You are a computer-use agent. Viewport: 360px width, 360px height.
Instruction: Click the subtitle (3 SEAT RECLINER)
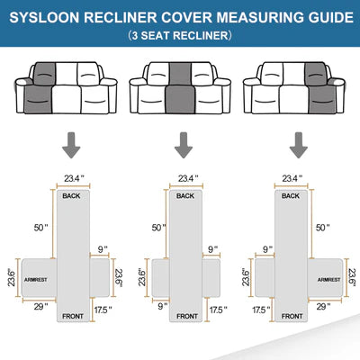180,35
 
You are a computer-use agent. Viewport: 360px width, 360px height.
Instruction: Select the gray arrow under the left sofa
71,145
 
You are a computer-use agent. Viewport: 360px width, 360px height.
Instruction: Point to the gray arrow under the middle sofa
184,145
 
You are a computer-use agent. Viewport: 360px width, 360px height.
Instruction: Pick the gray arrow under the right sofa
299,145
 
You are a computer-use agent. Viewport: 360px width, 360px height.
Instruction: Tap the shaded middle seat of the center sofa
180,88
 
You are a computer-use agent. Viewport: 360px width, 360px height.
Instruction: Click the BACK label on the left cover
71,196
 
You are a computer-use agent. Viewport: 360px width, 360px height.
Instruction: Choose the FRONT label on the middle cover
187,316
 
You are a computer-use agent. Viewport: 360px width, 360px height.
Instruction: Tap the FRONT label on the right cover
292,316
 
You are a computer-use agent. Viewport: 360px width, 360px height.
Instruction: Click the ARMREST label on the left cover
36,280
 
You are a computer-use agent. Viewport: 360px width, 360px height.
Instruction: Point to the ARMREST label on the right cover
329,280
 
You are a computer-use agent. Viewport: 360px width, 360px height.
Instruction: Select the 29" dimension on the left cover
40,307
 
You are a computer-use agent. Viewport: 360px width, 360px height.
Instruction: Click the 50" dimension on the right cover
322,228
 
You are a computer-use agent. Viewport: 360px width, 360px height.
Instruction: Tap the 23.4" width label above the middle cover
188,178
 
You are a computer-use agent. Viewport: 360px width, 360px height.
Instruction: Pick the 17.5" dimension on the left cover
103,310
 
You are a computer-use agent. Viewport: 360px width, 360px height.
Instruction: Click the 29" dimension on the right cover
323,307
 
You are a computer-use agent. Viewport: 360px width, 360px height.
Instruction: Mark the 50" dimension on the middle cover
158,228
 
